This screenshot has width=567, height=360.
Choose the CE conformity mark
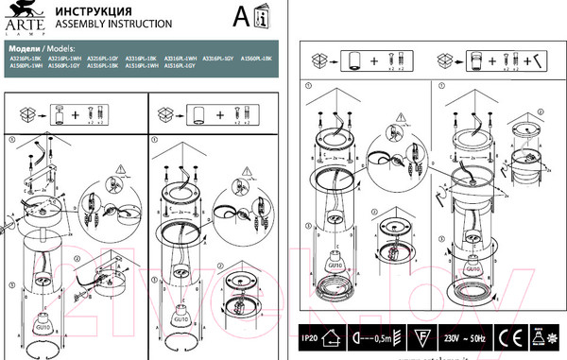(507, 335)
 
